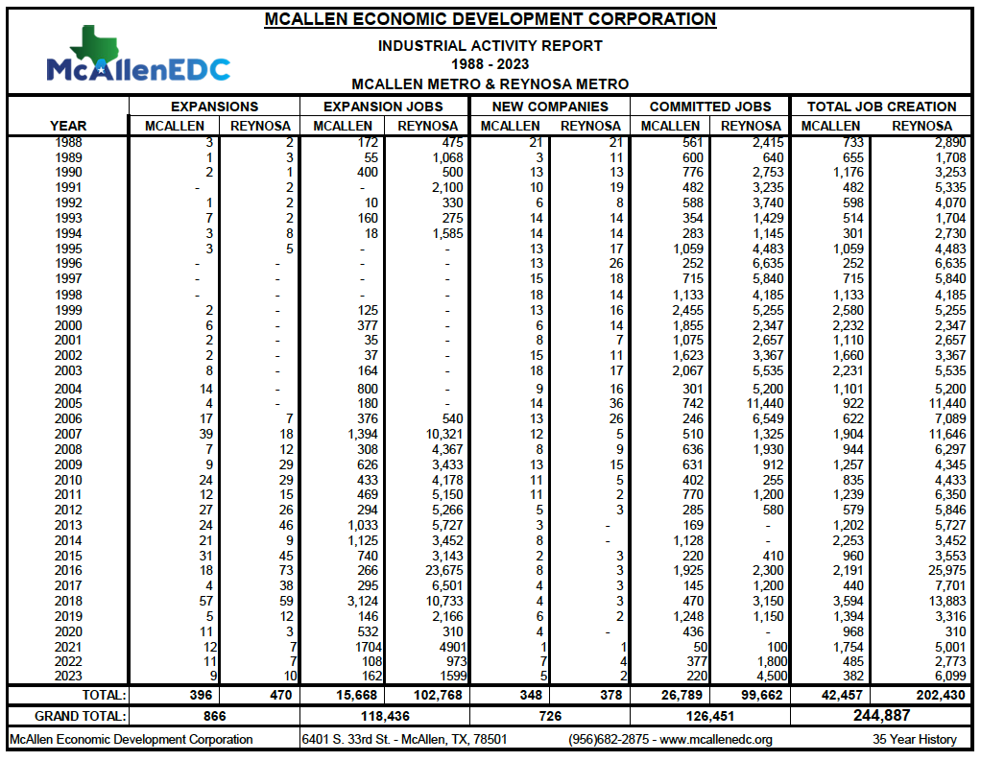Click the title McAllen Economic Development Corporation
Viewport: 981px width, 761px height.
pos(490,19)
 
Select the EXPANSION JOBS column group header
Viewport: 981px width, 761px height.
pos(383,107)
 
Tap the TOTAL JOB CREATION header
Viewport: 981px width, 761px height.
pos(881,107)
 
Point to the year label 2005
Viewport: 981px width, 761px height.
pos(68,403)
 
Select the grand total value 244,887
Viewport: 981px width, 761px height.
pos(881,715)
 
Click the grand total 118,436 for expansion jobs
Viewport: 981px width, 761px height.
pos(383,716)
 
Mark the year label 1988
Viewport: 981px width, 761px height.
pos(68,142)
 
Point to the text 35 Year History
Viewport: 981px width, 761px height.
pos(915,740)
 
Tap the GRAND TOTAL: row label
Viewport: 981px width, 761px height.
pos(81,716)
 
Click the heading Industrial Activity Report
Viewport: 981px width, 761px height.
pos(490,45)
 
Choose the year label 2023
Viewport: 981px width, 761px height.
pos(68,677)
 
